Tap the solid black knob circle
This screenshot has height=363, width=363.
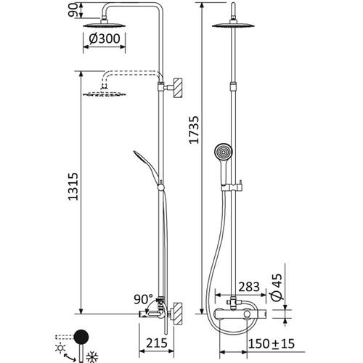[x=83, y=335]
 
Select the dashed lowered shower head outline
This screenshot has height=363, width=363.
[x=102, y=93]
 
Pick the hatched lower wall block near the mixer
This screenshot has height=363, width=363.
[x=174, y=313]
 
